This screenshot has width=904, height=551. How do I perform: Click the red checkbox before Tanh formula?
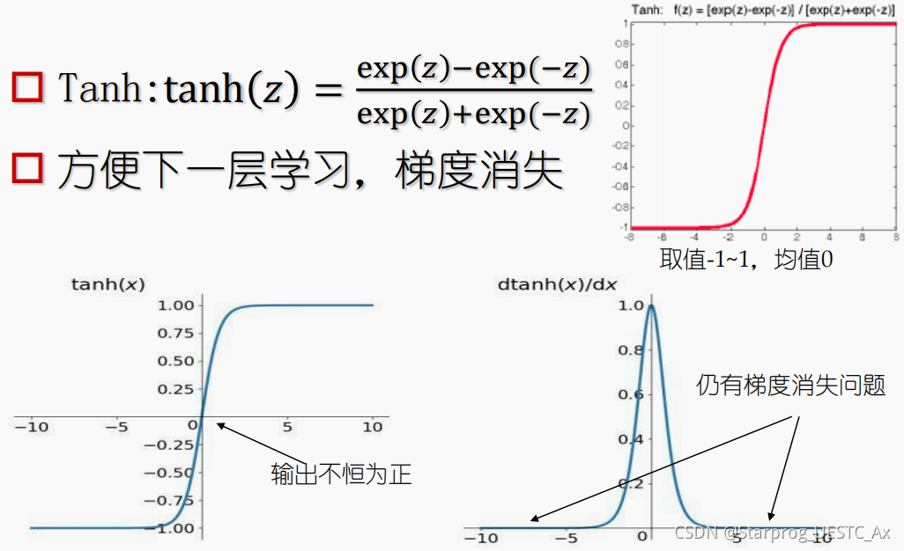27,87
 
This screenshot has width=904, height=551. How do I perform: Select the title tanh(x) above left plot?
107,284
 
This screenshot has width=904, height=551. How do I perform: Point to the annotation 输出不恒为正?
341,474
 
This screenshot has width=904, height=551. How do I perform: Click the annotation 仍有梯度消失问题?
790,386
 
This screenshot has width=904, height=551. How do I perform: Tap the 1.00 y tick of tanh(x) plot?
175,305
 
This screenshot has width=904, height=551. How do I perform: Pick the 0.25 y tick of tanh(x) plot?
175,389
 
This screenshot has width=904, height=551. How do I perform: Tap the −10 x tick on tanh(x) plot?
32,427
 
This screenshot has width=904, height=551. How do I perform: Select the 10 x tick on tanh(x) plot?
373,427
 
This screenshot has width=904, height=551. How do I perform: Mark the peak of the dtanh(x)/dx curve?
651,306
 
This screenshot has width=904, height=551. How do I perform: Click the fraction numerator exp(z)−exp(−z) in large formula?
473,68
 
